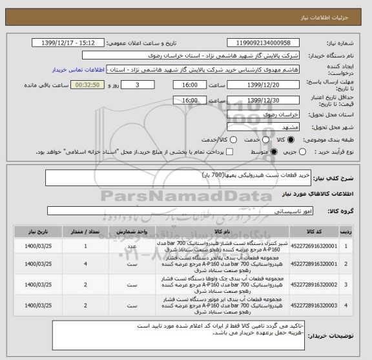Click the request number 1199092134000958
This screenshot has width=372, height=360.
pyautogui.click(x=263, y=43)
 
